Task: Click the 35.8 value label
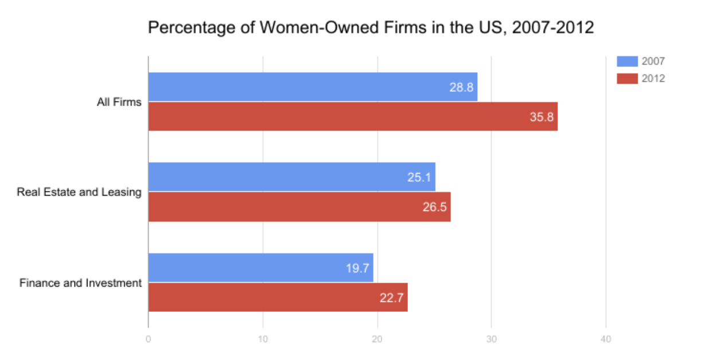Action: [x=541, y=117]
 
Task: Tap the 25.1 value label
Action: [x=419, y=178]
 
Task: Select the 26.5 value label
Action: [x=434, y=208]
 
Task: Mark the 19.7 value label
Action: [x=358, y=268]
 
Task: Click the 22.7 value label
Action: [x=391, y=298]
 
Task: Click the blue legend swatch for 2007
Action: [x=627, y=61]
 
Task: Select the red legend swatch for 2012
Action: [x=627, y=79]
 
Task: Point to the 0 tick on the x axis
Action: [x=148, y=340]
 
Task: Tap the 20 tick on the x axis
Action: [x=378, y=340]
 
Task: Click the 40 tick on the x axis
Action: [x=606, y=340]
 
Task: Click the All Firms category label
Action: [x=119, y=103]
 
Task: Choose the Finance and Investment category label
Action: [x=80, y=283]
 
